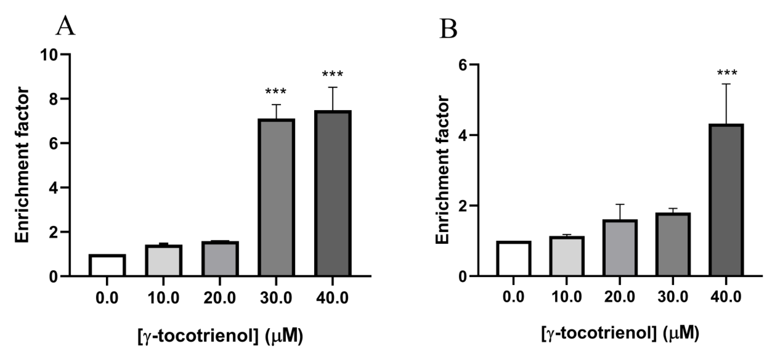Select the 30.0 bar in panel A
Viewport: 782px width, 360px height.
pos(276,197)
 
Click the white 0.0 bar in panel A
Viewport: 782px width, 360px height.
pos(107,265)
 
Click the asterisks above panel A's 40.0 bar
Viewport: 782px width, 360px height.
pos(332,74)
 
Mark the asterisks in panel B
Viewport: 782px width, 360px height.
pos(727,73)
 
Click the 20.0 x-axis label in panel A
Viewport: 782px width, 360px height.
pos(219,298)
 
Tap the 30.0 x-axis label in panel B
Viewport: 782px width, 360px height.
pos(673,297)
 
